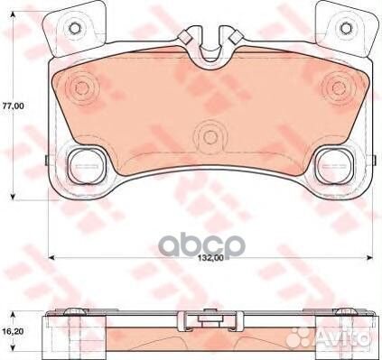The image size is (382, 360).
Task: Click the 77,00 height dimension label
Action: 13,106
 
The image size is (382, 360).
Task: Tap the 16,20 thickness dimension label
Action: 13,331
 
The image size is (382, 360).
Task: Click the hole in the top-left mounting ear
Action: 74,28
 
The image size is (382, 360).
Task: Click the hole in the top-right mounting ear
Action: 346,28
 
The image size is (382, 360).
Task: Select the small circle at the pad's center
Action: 210,137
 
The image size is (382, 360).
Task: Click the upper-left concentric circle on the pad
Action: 81,88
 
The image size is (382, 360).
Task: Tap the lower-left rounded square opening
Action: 86,166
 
